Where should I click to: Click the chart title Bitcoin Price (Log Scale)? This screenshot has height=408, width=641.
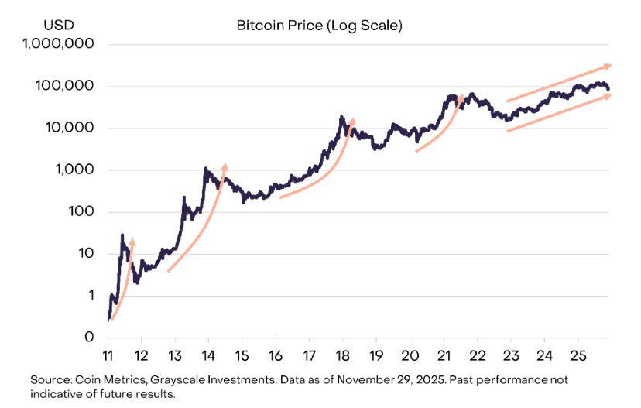point(319,26)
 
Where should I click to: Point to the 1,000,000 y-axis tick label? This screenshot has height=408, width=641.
point(59,44)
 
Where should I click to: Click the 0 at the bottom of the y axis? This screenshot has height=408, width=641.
point(90,338)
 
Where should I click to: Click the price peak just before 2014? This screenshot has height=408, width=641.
point(205,168)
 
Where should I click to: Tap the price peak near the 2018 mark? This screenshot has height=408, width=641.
point(341,117)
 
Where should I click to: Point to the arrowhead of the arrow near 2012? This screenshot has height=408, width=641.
point(132,242)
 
